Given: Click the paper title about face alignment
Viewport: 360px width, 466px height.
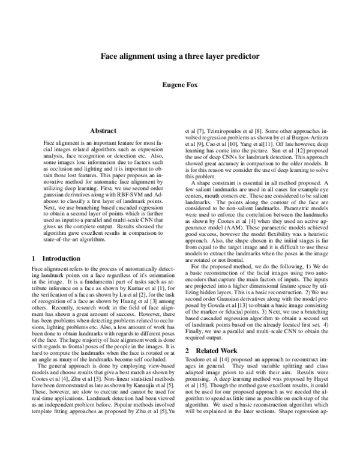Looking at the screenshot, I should point(180,55).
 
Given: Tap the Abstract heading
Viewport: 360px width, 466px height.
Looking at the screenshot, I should point(103,129).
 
